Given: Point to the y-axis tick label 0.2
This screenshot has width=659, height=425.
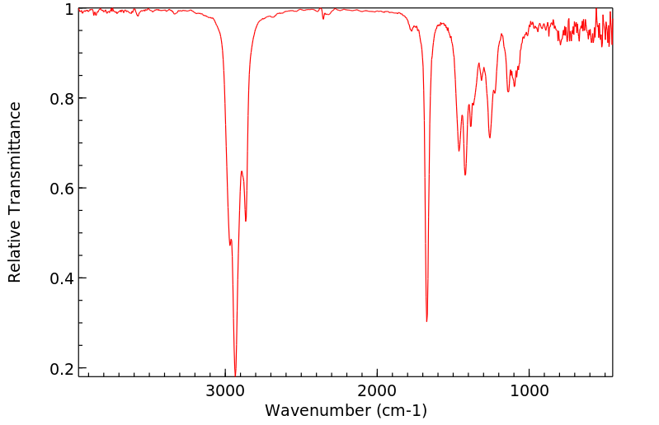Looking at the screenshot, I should click(61, 368).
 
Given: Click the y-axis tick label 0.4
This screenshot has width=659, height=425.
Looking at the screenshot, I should click(61, 278).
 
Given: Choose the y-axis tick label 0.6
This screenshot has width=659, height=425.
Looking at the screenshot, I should click(61, 189).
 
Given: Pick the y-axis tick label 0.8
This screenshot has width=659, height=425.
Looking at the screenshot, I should click(61, 99).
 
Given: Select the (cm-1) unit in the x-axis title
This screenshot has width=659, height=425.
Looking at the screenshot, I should click(400, 410).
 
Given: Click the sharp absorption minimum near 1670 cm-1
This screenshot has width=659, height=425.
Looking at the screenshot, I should click(426, 321).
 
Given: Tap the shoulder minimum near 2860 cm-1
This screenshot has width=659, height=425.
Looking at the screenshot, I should click(246, 221).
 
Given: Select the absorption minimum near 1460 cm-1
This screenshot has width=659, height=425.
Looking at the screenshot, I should click(459, 151).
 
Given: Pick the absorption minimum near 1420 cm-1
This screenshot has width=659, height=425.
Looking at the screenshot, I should click(465, 175).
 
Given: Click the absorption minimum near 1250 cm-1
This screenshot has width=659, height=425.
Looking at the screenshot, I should click(490, 138).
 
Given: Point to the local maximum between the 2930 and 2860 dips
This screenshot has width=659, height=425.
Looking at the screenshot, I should click(242, 171).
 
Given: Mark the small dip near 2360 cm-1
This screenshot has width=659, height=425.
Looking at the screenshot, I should click(323, 17).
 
